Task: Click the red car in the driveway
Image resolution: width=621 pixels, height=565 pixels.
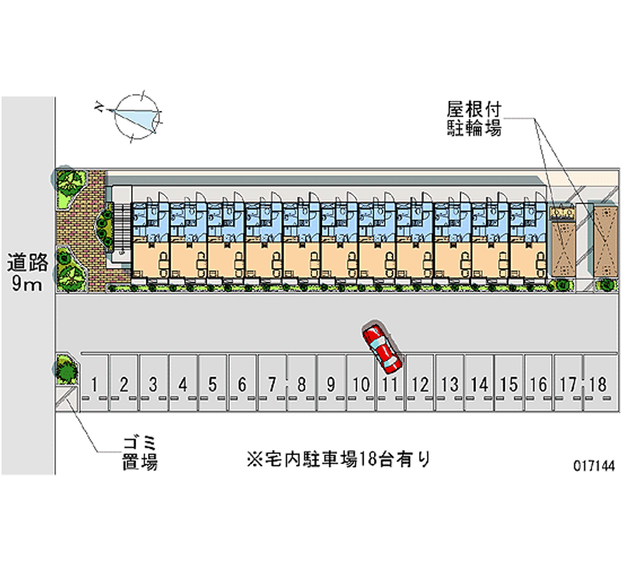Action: pos(381,347)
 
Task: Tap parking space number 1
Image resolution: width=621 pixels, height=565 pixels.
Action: pos(95,383)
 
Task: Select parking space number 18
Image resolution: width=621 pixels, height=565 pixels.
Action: pos(596,383)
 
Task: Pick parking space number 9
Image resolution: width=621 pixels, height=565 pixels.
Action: pos(331,383)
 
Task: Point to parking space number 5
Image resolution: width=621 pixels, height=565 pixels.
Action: pos(213,383)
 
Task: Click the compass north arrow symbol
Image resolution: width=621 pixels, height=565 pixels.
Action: pos(137,117)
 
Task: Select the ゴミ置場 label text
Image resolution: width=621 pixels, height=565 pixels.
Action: pos(139,453)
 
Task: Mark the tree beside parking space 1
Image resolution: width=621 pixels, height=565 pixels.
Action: pos(67,369)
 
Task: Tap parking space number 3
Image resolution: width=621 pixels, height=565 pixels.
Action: pos(154,383)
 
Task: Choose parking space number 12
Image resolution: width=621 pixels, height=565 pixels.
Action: pos(420,383)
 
